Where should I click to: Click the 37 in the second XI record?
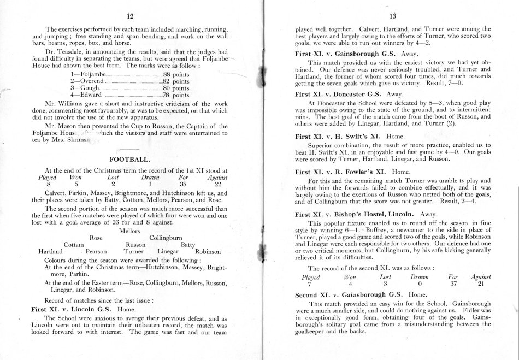point(452,284)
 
